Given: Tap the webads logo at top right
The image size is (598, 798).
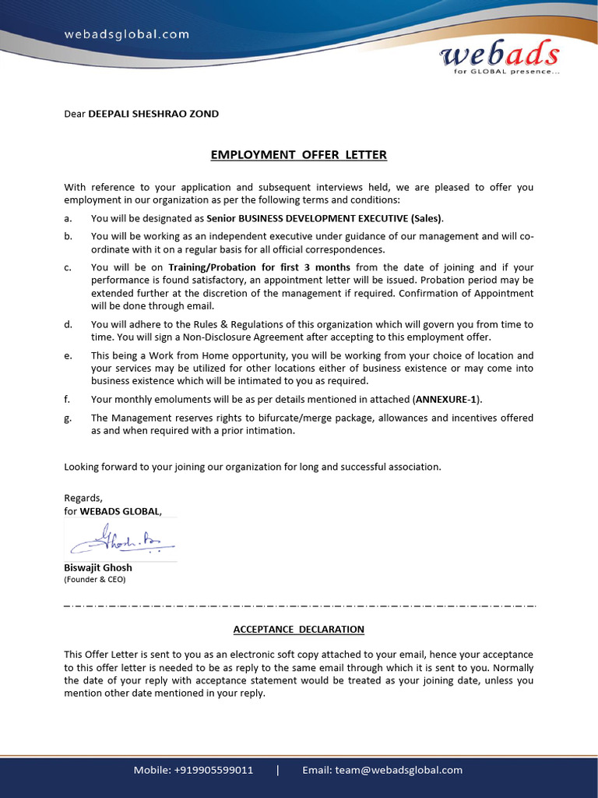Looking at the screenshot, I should [x=499, y=55].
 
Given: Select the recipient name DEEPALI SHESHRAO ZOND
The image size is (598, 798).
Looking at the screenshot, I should [x=153, y=114].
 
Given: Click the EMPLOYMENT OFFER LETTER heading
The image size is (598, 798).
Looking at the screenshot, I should [x=298, y=154].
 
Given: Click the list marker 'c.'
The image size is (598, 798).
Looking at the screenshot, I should [x=68, y=267].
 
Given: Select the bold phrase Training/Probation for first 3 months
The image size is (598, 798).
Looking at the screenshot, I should [x=259, y=267].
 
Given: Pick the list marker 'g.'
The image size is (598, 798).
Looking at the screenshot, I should [x=68, y=418].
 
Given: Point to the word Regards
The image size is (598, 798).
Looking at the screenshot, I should [x=83, y=497].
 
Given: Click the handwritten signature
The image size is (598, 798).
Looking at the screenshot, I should [x=121, y=539].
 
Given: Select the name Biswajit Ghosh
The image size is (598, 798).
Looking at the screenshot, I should [x=97, y=567].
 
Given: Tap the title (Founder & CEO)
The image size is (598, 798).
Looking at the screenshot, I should [x=94, y=579].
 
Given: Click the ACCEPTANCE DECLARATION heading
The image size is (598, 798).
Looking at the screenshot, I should [x=298, y=629].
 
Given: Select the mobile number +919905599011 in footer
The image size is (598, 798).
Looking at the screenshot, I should [x=214, y=770].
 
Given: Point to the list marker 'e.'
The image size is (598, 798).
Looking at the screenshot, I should [x=68, y=355].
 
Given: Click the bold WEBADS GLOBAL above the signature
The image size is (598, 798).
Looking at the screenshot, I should [x=120, y=511].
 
